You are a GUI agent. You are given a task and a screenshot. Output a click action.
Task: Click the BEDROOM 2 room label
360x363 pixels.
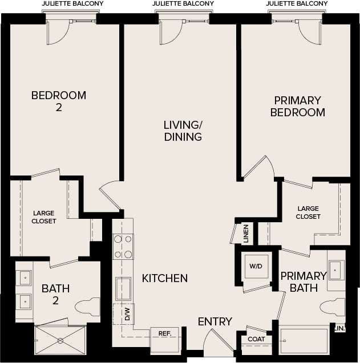(x=59, y=101)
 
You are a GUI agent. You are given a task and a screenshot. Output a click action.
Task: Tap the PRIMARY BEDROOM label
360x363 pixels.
(x=297, y=106)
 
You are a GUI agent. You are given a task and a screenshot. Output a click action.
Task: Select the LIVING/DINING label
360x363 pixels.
(x=183, y=130)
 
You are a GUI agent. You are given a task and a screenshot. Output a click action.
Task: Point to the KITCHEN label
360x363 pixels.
(x=165, y=278)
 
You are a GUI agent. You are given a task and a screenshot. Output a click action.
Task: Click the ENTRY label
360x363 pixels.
(x=215, y=322)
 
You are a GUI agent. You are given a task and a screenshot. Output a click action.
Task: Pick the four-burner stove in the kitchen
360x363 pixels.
(x=123, y=246)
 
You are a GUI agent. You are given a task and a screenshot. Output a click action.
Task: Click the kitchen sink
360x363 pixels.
(x=123, y=288)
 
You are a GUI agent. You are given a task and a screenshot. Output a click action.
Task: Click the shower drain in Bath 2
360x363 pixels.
(x=60, y=340)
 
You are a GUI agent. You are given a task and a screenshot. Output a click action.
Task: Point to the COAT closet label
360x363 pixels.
(x=256, y=339)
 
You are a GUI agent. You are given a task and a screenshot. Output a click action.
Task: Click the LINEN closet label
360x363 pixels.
(x=246, y=234)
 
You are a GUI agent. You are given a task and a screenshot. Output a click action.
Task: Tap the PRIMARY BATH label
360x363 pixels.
(x=303, y=282)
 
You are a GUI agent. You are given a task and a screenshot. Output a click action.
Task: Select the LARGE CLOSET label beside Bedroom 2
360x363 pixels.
(x=44, y=217)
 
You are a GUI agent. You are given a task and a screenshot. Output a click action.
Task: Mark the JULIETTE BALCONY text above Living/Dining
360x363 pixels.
(x=184, y=3)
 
